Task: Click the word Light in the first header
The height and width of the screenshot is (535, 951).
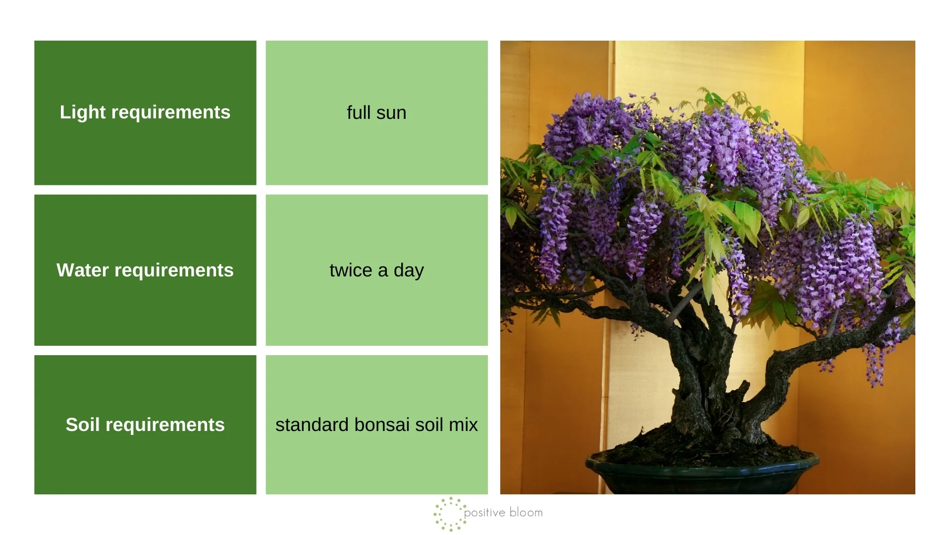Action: tap(83, 112)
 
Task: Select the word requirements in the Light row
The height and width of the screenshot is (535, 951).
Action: tap(171, 112)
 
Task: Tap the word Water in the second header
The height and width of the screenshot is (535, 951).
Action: tap(82, 270)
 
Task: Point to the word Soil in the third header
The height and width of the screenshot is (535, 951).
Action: tap(83, 425)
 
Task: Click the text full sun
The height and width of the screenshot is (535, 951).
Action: tap(376, 113)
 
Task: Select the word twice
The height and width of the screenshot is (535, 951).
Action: tap(351, 270)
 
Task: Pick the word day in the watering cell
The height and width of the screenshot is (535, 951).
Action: tap(409, 271)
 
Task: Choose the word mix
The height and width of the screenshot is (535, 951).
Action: tap(463, 425)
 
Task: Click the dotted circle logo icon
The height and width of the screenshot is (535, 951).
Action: tap(450, 514)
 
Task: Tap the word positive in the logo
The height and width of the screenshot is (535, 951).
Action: tap(485, 513)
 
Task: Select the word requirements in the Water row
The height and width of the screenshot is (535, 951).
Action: tap(174, 270)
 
